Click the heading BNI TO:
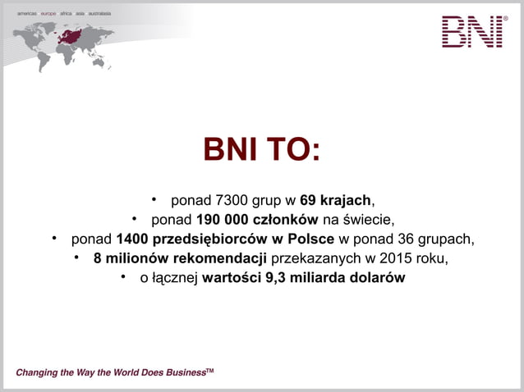[x=261, y=150]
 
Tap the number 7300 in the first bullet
[x=229, y=200]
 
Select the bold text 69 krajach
[x=336, y=200]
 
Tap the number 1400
[x=132, y=239]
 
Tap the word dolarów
[x=378, y=279]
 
